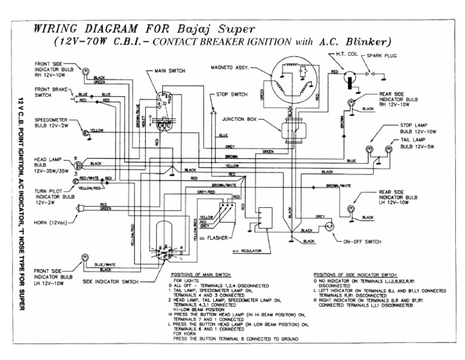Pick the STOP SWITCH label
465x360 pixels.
(x=232, y=95)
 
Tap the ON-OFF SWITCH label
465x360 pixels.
(x=362, y=241)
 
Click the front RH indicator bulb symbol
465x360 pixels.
(x=86, y=73)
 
